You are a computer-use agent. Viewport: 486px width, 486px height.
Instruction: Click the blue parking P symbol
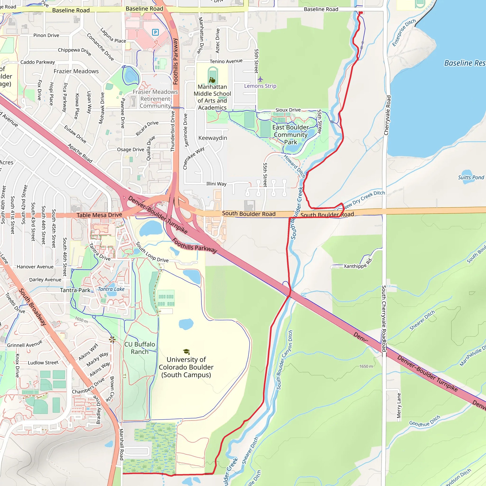[x=155, y=32]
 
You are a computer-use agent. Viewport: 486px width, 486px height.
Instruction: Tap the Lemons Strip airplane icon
[x=260, y=79]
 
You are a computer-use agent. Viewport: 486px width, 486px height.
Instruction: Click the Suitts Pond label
[x=471, y=177]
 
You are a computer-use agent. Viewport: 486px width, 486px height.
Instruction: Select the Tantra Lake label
[x=111, y=289]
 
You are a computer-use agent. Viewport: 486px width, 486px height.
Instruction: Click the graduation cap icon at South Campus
[x=186, y=351]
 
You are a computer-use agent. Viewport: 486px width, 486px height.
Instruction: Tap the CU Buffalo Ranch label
[x=140, y=348]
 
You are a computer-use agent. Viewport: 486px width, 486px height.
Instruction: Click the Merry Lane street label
[x=399, y=406]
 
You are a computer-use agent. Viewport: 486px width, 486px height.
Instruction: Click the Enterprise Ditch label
[x=404, y=33]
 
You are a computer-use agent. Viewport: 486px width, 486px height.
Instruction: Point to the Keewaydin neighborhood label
[x=213, y=138]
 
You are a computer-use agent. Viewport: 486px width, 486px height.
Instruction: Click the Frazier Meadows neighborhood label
[x=76, y=71]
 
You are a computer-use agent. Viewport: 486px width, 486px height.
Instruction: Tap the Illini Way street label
[x=216, y=184]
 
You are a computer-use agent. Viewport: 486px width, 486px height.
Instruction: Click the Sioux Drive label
[x=288, y=110]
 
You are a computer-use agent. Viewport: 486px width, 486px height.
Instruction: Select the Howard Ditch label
[x=294, y=166]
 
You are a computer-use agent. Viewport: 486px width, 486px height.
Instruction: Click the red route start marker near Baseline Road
[x=361, y=13]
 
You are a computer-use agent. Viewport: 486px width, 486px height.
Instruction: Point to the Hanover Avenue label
[x=35, y=267]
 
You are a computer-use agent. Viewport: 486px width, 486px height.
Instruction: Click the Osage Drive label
[x=131, y=150]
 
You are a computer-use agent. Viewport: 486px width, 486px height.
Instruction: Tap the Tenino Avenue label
[x=226, y=61]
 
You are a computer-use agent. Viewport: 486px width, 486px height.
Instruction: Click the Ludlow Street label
[x=43, y=363]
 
